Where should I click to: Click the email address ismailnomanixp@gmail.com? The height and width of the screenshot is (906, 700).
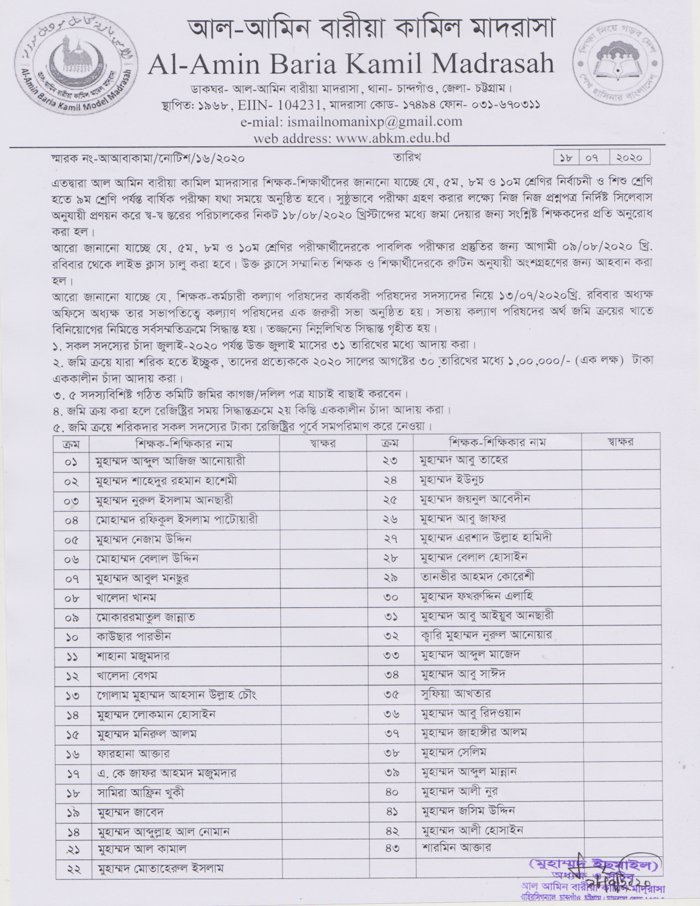pos(374,122)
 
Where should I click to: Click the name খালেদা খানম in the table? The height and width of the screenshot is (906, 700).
pos(126,598)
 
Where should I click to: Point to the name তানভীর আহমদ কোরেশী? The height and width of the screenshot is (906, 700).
pos(477,577)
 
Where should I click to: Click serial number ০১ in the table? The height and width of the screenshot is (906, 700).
pos(71,461)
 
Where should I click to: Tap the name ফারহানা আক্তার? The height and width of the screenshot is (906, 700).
pos(133,753)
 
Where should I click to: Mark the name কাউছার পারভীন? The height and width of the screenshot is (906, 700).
pos(133,636)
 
